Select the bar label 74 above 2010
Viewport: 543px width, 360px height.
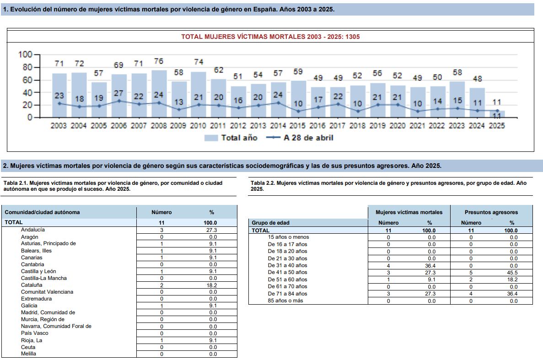(x=199, y=62)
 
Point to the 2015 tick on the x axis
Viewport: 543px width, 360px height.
(x=297, y=126)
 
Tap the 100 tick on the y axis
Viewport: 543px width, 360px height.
(x=25, y=54)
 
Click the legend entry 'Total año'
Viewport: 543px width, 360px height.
(x=231, y=138)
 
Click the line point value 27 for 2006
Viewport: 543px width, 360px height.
(x=119, y=93)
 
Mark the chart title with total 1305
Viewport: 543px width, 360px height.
(x=270, y=37)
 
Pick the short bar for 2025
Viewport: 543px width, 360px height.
(x=497, y=114)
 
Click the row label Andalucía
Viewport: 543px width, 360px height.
(x=33, y=230)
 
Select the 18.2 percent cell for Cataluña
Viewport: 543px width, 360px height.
(x=212, y=285)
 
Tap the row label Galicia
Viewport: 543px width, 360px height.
(x=29, y=306)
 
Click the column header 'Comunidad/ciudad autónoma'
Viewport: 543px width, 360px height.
(x=42, y=212)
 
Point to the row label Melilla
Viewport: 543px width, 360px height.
(x=28, y=354)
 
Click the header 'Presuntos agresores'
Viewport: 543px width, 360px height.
(x=491, y=212)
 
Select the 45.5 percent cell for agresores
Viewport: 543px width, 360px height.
(x=512, y=273)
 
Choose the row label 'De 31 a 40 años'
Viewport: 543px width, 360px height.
(x=287, y=265)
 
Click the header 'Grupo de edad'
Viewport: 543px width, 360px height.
(x=270, y=223)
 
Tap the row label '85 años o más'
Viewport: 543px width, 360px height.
(x=285, y=301)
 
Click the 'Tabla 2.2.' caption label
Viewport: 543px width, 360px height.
(x=263, y=183)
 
